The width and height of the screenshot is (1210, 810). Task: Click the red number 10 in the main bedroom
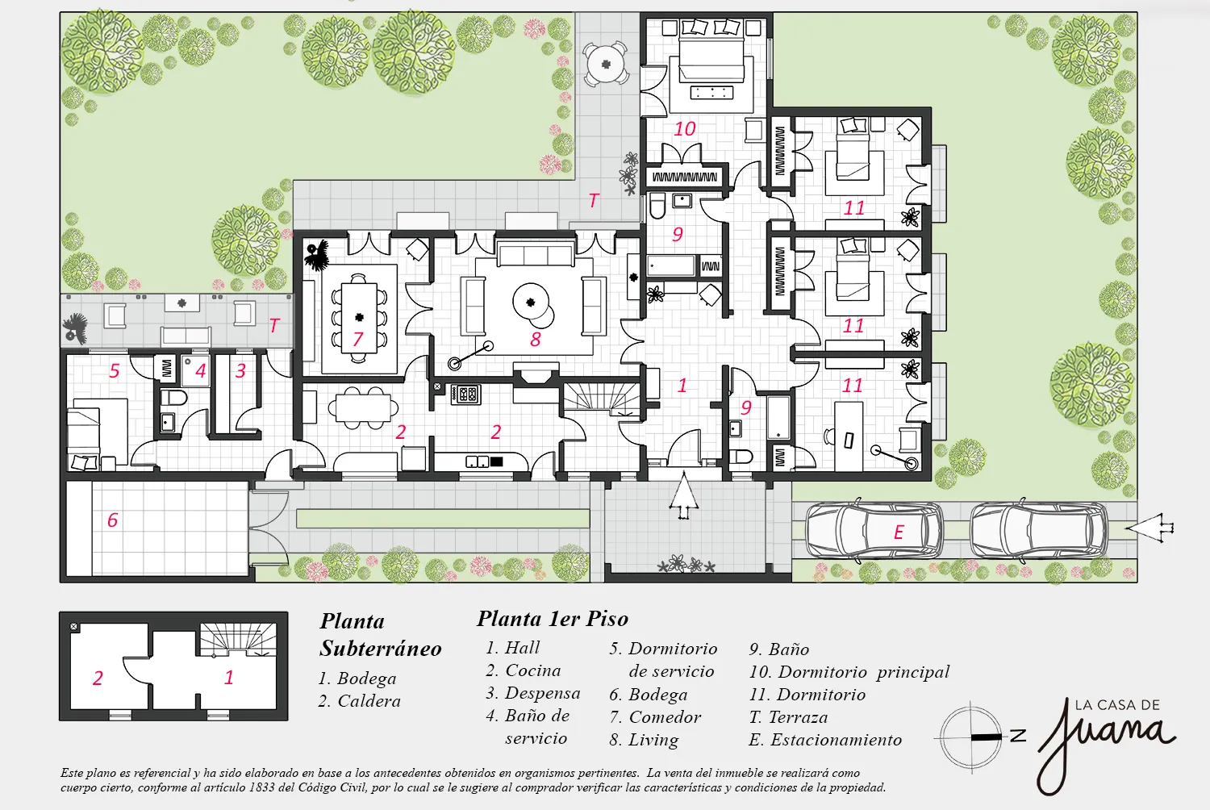click(x=684, y=128)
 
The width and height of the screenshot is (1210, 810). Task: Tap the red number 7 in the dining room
click(x=357, y=339)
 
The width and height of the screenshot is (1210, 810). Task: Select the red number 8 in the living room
click(x=536, y=340)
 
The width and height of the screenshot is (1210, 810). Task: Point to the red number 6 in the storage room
click(x=112, y=520)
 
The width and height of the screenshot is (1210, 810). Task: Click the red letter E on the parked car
click(x=899, y=532)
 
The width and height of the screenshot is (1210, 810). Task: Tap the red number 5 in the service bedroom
click(x=114, y=370)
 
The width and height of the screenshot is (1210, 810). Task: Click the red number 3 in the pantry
click(x=240, y=370)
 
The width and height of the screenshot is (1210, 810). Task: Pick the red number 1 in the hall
click(x=682, y=386)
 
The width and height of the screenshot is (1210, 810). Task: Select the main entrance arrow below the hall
click(x=684, y=495)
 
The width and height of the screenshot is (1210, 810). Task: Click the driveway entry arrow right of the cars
click(x=1149, y=528)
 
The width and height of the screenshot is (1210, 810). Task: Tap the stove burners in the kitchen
click(x=465, y=395)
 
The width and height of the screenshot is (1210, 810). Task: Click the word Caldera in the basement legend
click(x=369, y=701)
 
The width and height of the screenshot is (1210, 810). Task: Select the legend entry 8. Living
click(x=644, y=740)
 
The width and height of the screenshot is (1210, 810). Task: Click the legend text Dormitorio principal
click(x=863, y=672)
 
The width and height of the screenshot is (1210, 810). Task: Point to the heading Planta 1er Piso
click(x=552, y=619)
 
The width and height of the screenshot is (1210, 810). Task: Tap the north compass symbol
click(x=978, y=737)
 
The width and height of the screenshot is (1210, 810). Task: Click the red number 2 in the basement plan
click(x=98, y=678)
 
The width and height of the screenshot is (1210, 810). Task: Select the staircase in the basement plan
click(x=238, y=639)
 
